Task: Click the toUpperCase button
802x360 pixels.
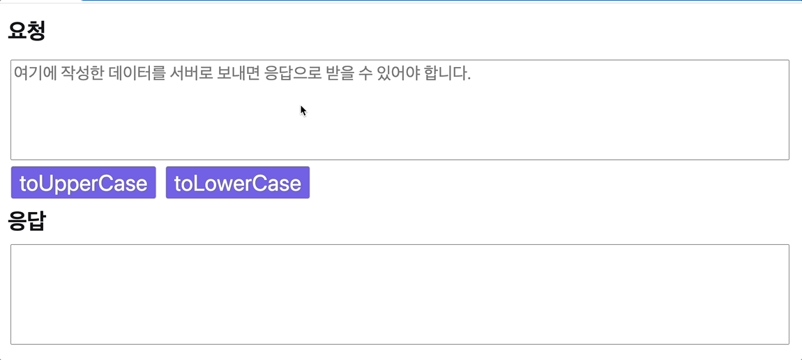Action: [83, 183]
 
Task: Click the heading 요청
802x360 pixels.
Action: [27, 31]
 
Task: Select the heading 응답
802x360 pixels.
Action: [27, 221]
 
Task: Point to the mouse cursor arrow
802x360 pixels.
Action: [303, 110]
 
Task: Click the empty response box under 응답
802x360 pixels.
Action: [399, 294]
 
